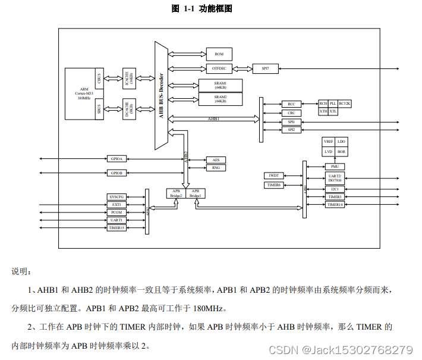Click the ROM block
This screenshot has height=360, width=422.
[219, 54]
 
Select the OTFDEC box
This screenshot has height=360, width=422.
[219, 68]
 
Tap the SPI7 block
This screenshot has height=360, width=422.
[265, 68]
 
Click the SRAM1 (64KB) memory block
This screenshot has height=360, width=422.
[221, 84]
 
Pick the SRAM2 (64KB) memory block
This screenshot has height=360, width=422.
[221, 99]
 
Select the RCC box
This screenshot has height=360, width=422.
[291, 104]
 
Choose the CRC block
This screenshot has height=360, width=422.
[291, 112]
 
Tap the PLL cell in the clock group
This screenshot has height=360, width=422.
[333, 104]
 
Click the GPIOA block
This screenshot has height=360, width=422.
[116, 159]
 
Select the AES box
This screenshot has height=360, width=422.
[216, 160]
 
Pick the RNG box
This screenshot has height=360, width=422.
[216, 168]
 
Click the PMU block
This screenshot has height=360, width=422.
[335, 167]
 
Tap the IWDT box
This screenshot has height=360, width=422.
[274, 176]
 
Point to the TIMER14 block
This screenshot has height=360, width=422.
[335, 205]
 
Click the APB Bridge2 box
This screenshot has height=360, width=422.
[177, 193]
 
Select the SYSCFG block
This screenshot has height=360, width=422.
[116, 196]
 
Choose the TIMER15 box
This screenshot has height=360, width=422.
[116, 227]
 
